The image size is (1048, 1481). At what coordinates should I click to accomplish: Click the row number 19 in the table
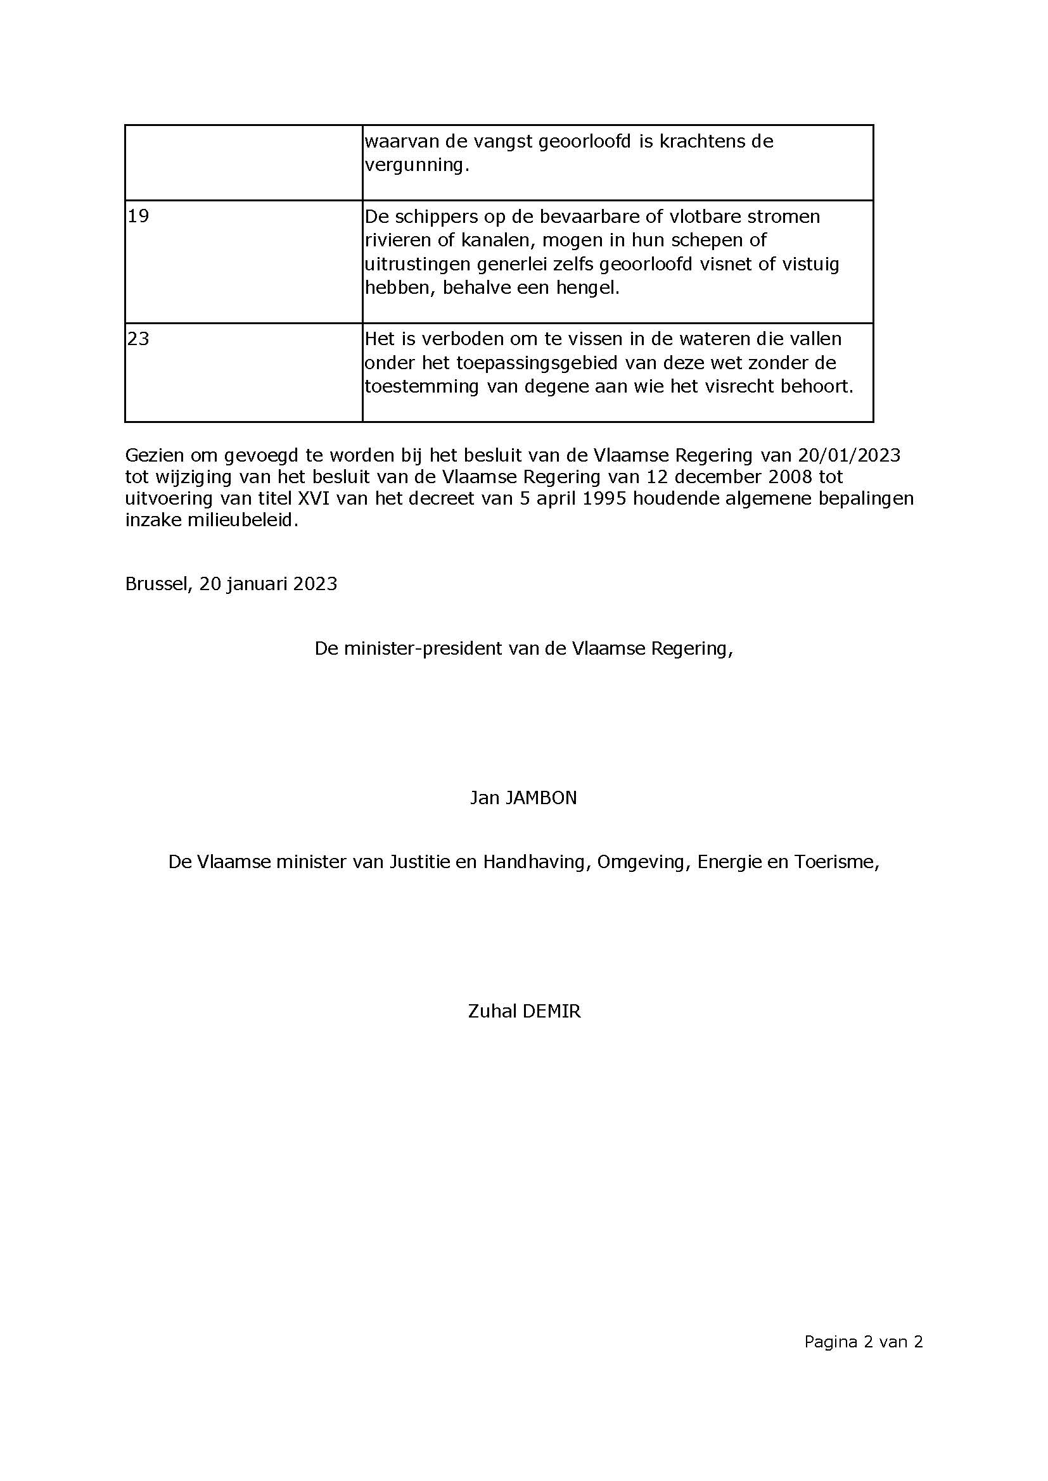138,216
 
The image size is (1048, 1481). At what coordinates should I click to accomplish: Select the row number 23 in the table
138,339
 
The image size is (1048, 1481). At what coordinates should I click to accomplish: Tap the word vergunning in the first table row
416,166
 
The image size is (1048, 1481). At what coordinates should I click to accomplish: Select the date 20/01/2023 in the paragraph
848,455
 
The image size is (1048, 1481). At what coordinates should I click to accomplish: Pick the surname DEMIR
551,1011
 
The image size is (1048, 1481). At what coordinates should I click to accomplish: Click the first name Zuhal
492,1011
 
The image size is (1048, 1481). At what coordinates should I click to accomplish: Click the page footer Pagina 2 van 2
863,1342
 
